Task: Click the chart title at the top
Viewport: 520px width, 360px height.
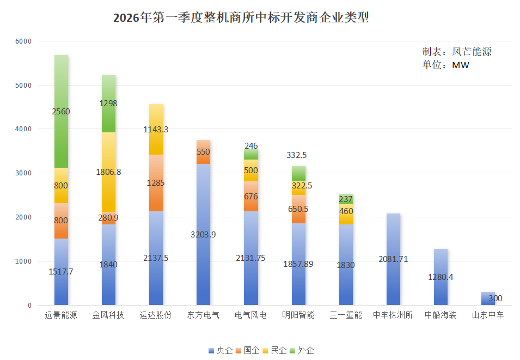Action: (x=241, y=18)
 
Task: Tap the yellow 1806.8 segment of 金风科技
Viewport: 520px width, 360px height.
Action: (x=108, y=172)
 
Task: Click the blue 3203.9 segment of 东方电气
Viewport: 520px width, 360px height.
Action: (x=203, y=234)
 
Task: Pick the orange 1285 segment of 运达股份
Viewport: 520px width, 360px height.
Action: (x=156, y=183)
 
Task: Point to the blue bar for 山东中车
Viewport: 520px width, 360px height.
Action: (x=488, y=298)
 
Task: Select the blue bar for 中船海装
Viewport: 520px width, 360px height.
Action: (x=441, y=277)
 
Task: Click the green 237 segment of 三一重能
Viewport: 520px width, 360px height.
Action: (x=346, y=199)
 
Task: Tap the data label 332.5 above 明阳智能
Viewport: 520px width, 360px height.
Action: (x=298, y=155)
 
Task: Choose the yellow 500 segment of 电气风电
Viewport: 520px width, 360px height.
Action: (x=250, y=170)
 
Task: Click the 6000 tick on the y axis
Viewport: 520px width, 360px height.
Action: (x=23, y=41)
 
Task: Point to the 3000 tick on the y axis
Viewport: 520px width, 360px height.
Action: (x=23, y=173)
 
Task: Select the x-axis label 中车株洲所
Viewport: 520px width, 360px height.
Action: (x=393, y=315)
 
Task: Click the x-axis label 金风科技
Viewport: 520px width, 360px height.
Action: (x=108, y=315)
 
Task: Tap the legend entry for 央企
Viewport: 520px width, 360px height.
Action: (x=221, y=350)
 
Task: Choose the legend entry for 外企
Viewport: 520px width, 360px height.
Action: (x=302, y=350)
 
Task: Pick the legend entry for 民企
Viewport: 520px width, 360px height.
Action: (x=276, y=350)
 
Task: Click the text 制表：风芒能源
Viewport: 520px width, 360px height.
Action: (x=457, y=52)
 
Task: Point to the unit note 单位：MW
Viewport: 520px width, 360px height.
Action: (x=446, y=65)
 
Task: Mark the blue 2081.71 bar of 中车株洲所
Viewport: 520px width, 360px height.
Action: (x=393, y=259)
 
